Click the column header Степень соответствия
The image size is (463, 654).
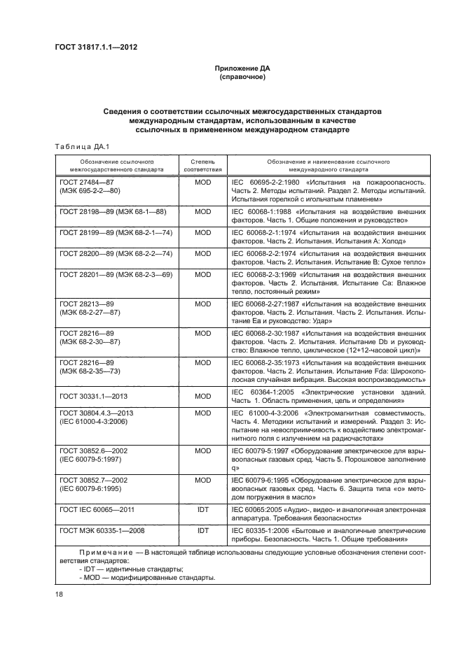(x=202, y=165)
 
